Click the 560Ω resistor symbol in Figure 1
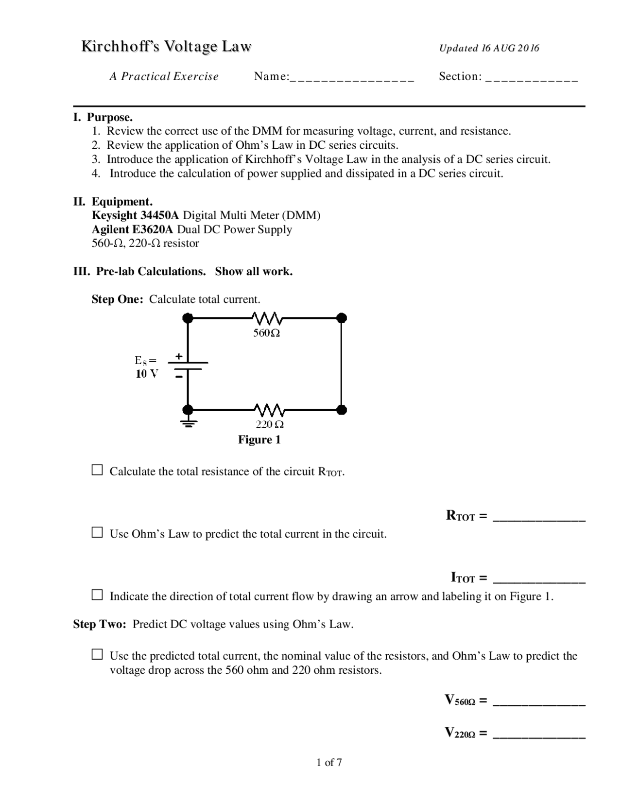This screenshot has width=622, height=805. point(267,319)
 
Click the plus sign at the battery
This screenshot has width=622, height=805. point(179,356)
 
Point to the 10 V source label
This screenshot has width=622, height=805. point(147,374)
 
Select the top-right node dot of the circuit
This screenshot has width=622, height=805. point(342,318)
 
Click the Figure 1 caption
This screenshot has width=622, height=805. point(259,440)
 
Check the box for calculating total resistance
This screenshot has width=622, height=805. point(98,470)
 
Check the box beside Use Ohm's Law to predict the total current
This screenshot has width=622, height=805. point(98,533)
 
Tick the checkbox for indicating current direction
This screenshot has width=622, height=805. point(98,595)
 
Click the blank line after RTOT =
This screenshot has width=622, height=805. point(538,518)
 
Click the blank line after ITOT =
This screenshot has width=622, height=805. point(538,580)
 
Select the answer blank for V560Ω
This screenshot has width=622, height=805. point(538,703)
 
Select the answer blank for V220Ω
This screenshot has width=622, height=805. point(538,735)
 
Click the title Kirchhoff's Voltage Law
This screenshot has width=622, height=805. point(166,47)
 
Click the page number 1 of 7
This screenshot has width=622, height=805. point(329,762)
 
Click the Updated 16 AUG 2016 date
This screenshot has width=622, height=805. point(489,48)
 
